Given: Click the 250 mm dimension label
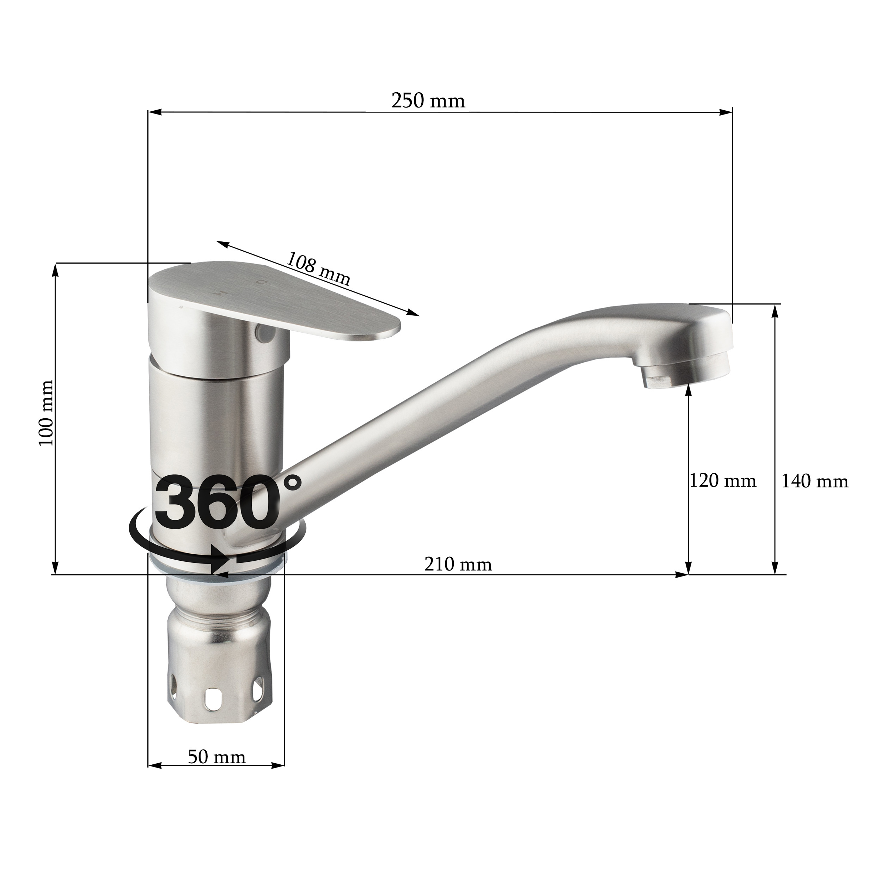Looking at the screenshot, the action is tap(428, 101).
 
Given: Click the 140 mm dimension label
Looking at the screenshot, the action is tap(815, 481).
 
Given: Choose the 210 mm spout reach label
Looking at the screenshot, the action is tap(458, 565).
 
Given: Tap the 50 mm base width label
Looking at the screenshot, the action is tap(217, 757).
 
